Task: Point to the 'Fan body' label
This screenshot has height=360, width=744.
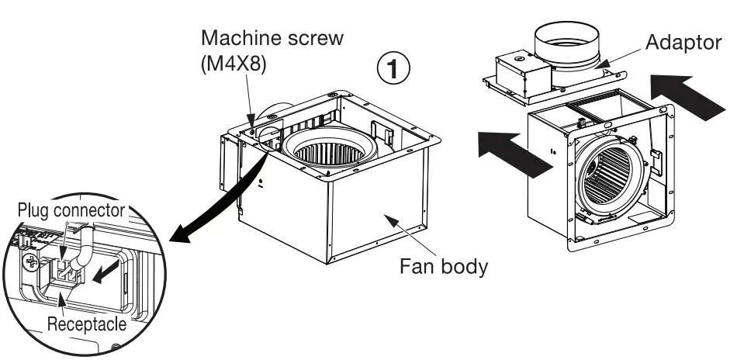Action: (443, 267)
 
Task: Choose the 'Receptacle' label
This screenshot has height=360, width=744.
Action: (85, 324)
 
